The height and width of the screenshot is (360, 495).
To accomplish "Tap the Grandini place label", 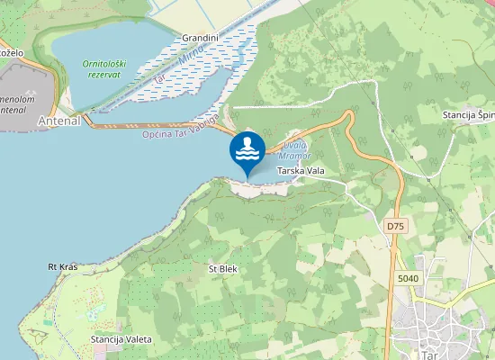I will click(200, 38).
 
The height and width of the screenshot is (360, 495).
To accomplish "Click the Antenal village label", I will click(59, 120).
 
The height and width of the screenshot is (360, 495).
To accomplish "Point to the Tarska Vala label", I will click(301, 170).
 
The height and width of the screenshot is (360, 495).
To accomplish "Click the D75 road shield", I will click(396, 225).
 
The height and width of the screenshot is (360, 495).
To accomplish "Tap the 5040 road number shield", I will click(408, 279).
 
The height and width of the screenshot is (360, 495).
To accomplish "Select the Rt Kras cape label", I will click(63, 267).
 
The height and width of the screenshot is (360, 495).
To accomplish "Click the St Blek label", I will click(222, 268).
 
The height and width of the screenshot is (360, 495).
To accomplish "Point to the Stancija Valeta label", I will click(121, 339).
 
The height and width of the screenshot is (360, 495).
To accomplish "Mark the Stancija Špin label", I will click(468, 115).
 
